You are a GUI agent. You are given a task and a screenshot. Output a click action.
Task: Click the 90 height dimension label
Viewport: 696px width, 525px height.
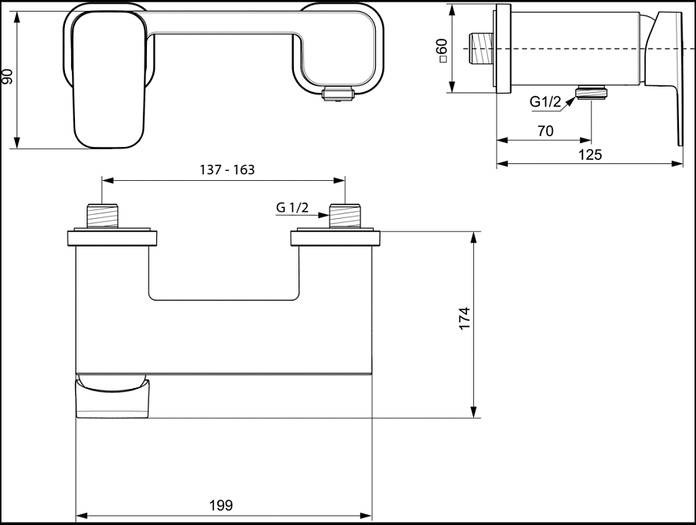[x=9, y=76]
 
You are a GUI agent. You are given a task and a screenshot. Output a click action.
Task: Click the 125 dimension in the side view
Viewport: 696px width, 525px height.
[x=590, y=155]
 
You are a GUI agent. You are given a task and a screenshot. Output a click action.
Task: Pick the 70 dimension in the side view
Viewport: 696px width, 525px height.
[x=544, y=131]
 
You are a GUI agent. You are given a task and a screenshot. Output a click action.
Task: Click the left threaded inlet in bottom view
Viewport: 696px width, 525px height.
[x=103, y=216]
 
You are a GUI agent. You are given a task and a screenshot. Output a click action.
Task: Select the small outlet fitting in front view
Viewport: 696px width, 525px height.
[x=337, y=94]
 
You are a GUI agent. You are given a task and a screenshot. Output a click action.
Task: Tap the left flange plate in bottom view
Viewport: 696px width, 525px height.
[x=114, y=237]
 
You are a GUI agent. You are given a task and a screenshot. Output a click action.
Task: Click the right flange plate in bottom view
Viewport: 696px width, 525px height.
[x=334, y=237]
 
